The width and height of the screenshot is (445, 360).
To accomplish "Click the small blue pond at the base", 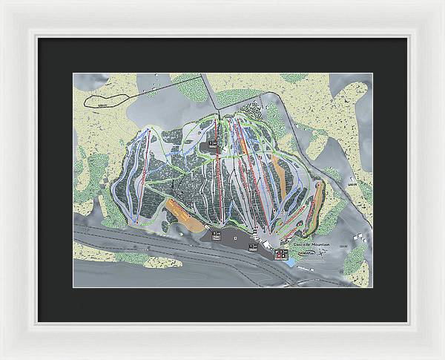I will (283, 256).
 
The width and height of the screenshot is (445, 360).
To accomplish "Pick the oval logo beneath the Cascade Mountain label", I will (306, 254).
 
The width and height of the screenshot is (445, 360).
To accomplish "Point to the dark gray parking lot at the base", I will (230, 239).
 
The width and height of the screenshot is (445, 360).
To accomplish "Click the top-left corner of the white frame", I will (2, 2).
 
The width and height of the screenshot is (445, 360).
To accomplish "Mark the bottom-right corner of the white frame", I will (442, 357).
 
